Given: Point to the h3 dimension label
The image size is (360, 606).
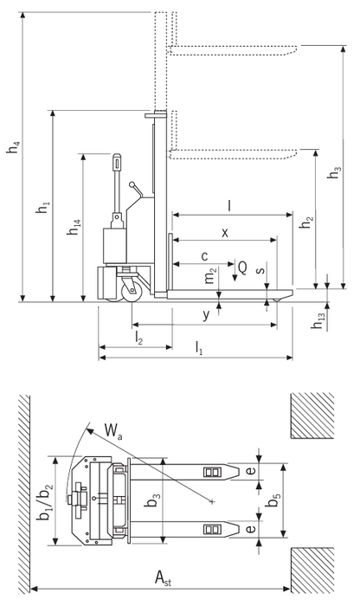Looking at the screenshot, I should [333, 173].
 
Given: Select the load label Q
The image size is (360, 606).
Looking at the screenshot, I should [243, 269].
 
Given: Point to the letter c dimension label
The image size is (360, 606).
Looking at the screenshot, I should [204, 256].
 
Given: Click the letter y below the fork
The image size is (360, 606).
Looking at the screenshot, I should [206, 314].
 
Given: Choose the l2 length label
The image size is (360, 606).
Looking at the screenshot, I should [138, 335].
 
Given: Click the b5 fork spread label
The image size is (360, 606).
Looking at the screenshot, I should [273, 500].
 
